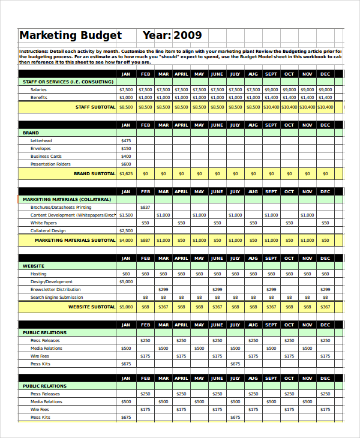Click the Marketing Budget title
(x=70, y=36)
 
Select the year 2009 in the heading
(x=187, y=36)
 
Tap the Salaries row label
(x=38, y=89)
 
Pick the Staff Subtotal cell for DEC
(x=325, y=107)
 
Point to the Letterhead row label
(x=41, y=140)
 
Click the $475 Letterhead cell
(x=126, y=140)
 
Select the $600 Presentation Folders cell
(x=126, y=164)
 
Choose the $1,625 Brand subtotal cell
(x=125, y=173)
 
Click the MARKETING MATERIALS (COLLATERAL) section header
(x=67, y=199)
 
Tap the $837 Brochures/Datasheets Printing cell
(x=145, y=207)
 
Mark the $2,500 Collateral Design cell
(x=126, y=230)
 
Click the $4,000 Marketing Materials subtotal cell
(x=126, y=240)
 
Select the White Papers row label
(x=44, y=223)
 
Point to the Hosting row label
(x=38, y=274)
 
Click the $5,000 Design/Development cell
(x=126, y=281)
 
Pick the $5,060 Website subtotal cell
(x=126, y=307)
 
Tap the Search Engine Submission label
(x=57, y=297)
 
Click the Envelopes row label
(x=41, y=148)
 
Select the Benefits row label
(x=38, y=97)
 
